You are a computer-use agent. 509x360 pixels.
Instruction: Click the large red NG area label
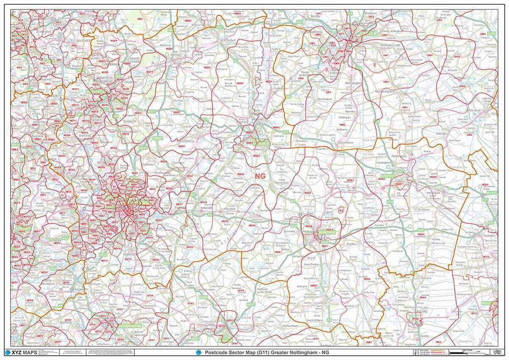[260, 175]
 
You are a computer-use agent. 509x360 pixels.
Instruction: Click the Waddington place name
[353, 83]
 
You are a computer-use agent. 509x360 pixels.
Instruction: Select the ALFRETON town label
[26, 121]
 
